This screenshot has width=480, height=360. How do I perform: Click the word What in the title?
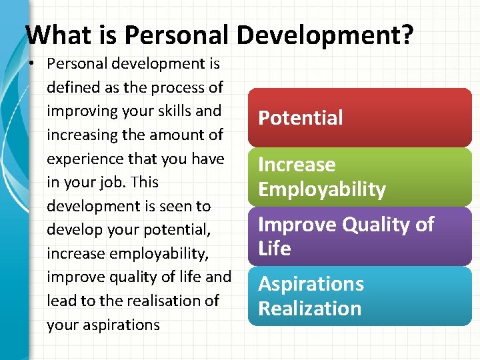point(55,34)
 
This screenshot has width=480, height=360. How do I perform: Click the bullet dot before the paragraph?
point(33,64)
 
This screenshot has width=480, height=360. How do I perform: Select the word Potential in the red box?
point(300,118)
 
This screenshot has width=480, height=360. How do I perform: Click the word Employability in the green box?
point(322,189)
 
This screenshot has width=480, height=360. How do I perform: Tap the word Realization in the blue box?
point(309,309)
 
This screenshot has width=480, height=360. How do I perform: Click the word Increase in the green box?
point(297,165)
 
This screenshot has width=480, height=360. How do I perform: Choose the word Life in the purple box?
point(275,249)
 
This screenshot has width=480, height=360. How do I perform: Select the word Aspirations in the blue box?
point(311,284)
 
